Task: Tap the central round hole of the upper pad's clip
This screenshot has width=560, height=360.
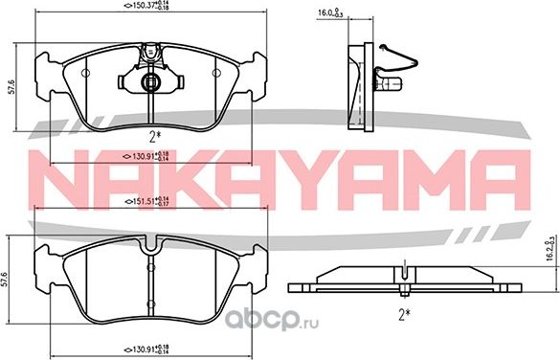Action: point(149,84)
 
